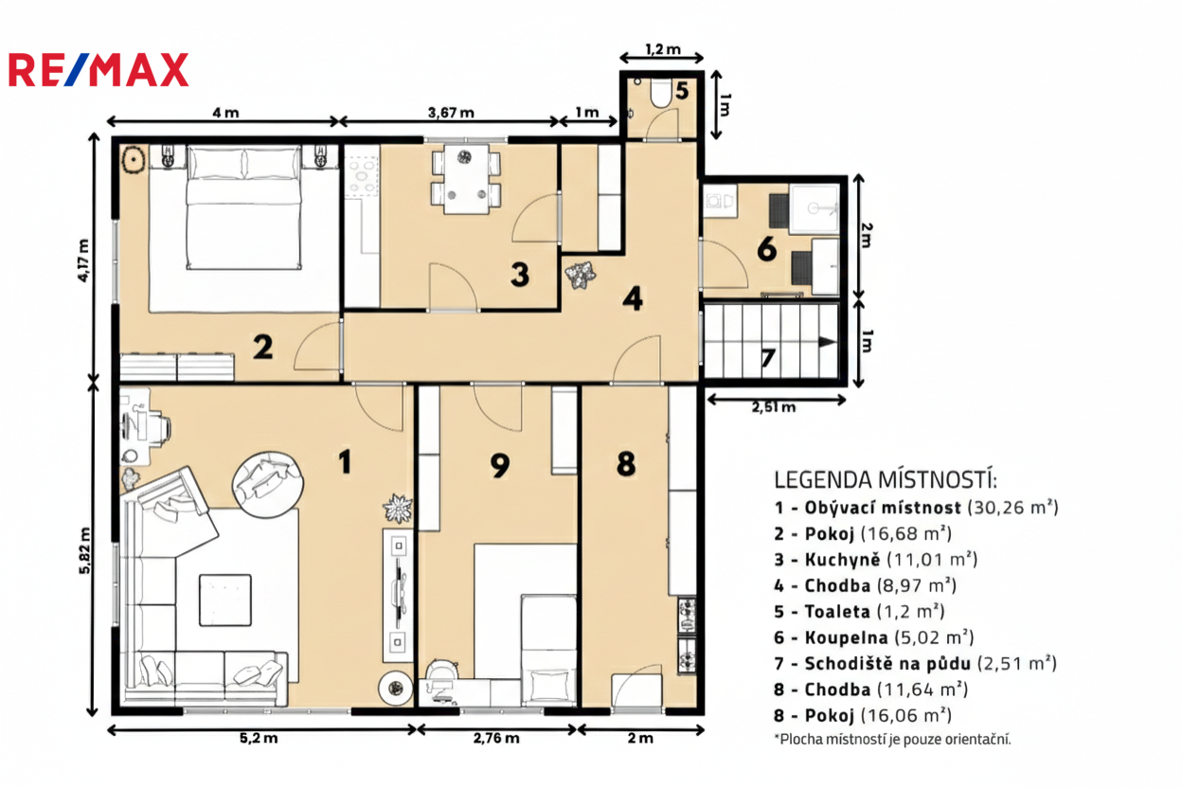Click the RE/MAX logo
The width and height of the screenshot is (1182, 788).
pyautogui.click(x=98, y=69)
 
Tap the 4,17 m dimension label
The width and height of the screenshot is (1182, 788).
pyautogui.click(x=83, y=260)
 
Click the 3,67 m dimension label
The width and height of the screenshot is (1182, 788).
pyautogui.click(x=451, y=113)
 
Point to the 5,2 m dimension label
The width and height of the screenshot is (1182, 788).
pyautogui.click(x=259, y=738)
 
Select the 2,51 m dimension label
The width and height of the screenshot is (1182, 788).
pyautogui.click(x=774, y=407)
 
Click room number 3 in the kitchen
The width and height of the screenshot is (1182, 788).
pyautogui.click(x=520, y=275)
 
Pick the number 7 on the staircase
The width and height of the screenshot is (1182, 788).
pyautogui.click(x=768, y=358)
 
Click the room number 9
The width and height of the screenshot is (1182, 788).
pyautogui.click(x=500, y=466)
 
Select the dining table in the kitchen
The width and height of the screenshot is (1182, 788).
pyautogui.click(x=466, y=179)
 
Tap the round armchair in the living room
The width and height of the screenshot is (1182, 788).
pyautogui.click(x=268, y=485)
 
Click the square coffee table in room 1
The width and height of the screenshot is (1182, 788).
pyautogui.click(x=225, y=600)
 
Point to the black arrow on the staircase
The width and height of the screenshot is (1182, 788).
pyautogui.click(x=827, y=342)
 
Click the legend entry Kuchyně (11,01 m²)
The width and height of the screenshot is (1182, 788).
pyautogui.click(x=876, y=560)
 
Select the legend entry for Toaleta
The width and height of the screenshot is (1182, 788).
pyautogui.click(x=859, y=611)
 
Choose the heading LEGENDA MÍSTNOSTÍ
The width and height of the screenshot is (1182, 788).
pyautogui.click(x=886, y=480)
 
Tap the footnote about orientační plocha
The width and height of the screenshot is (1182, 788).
pyautogui.click(x=893, y=740)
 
